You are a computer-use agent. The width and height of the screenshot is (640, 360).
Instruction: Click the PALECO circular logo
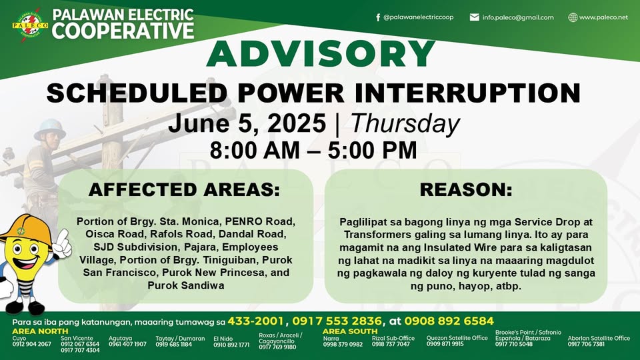click(x=30, y=25)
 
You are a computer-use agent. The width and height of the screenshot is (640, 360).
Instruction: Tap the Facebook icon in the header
click(x=378, y=17)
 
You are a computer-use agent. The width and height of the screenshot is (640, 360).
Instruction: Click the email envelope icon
click(x=474, y=17)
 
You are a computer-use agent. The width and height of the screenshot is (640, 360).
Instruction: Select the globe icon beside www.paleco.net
click(x=573, y=17)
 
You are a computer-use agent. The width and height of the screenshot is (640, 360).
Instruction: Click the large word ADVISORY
click(x=321, y=53)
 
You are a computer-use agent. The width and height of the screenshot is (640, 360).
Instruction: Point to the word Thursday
click(x=405, y=123)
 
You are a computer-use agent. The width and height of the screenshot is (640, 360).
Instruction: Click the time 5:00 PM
click(x=372, y=150)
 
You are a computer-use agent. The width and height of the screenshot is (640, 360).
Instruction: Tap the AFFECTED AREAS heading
click(x=185, y=190)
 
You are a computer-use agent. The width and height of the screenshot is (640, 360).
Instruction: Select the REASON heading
click(x=466, y=190)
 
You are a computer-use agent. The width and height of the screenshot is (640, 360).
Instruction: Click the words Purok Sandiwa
click(x=186, y=285)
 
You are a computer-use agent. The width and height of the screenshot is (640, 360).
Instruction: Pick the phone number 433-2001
click(x=255, y=321)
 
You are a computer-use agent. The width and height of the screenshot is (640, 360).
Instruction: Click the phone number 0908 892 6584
click(x=449, y=321)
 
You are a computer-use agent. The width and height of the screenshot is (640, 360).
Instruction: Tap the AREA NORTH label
click(x=40, y=331)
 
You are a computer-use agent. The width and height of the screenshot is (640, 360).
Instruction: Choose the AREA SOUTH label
click(x=350, y=331)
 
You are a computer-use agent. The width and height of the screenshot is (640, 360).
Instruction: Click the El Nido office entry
click(x=231, y=341)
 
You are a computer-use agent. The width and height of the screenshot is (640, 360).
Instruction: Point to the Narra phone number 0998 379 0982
click(x=343, y=345)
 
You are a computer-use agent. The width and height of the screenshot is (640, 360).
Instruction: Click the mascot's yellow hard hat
click(x=25, y=231)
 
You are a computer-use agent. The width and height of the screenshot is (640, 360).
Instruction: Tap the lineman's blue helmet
click(x=49, y=128)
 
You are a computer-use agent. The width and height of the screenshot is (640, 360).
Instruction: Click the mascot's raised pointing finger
click(x=63, y=235)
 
